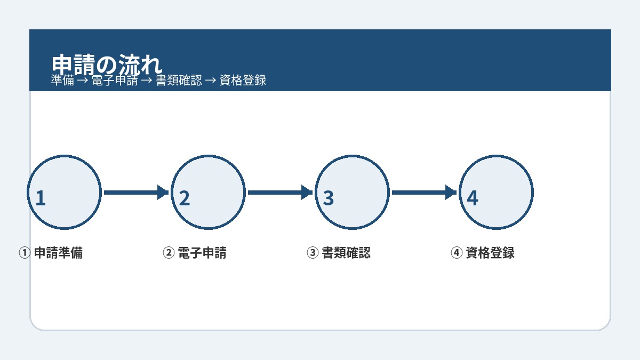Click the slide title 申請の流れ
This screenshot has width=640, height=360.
coord(107,65)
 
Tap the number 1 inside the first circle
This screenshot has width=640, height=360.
coord(41,198)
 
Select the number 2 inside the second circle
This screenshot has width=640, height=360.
coord(185,198)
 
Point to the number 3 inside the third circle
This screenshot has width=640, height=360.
coord(329,198)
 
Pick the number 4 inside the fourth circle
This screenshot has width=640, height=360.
coord(473,198)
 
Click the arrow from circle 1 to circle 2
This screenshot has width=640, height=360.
coord(137,193)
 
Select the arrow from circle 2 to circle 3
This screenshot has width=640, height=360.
coord(281,193)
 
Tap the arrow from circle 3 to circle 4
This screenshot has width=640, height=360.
coord(425,193)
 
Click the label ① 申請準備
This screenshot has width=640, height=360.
coord(51,253)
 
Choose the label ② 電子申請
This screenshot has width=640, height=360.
coord(195,253)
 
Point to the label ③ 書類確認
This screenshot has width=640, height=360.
coord(339,253)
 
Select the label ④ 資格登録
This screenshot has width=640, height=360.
coord(483,253)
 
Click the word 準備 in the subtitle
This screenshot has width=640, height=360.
coord(62,81)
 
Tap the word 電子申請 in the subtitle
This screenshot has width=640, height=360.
coord(115,81)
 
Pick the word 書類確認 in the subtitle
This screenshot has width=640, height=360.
coord(179,81)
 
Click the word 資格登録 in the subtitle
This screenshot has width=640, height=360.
coord(243,81)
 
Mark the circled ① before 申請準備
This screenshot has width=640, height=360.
coord(25,253)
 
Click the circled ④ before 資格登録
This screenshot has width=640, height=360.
coord(457,253)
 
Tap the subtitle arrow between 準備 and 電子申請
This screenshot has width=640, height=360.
coord(83,81)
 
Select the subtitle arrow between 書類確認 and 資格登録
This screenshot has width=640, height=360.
coord(211,81)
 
